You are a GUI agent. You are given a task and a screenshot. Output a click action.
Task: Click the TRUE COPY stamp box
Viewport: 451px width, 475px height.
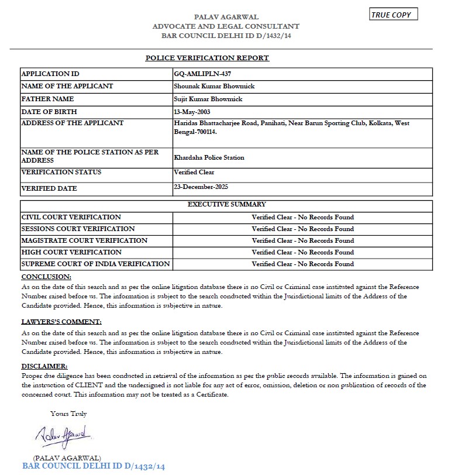tap(393, 15)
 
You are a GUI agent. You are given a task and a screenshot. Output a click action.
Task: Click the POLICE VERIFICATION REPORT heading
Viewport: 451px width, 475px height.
tap(207, 58)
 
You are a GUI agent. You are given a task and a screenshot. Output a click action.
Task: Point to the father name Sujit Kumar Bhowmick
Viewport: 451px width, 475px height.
tap(208, 99)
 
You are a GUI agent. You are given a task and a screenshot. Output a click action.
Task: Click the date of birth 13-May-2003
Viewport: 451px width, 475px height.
tap(192, 111)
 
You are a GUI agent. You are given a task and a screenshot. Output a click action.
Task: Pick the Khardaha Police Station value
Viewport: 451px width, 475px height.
tap(209, 157)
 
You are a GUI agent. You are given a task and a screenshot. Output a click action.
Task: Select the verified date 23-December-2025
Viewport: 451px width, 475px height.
tap(201, 187)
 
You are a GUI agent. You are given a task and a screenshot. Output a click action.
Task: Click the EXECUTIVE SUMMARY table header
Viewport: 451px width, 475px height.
tap(226, 205)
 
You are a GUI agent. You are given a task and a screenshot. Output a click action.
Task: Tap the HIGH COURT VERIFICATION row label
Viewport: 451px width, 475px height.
tap(71, 252)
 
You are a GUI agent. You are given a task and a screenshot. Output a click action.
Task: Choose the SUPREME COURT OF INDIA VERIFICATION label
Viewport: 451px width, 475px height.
tap(95, 264)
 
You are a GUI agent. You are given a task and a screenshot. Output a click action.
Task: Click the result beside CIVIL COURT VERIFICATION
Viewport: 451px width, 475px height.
tap(302, 217)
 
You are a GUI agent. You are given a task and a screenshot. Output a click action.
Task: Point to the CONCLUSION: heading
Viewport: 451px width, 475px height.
tap(46, 276)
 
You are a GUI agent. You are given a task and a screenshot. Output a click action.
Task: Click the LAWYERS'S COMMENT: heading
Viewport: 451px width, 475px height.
tap(61, 322)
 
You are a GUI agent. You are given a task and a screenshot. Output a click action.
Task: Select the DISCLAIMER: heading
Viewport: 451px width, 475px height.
tap(44, 366)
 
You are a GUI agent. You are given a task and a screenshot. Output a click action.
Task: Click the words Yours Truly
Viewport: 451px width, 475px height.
tap(68, 414)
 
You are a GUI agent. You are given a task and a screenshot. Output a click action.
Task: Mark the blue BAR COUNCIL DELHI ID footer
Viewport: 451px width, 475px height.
tap(94, 466)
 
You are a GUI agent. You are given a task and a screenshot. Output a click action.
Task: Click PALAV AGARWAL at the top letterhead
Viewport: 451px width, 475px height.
tap(226, 17)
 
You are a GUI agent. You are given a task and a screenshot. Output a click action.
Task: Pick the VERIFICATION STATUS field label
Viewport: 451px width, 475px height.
tap(61, 172)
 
